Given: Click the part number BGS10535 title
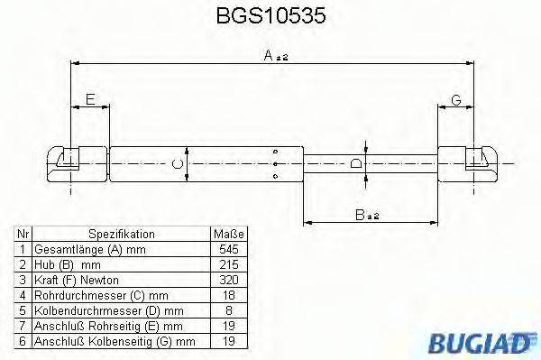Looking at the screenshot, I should click(271, 15).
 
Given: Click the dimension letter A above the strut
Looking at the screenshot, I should click(269, 55).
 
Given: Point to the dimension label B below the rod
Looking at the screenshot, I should click(360, 214).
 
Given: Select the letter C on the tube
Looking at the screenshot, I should click(178, 163).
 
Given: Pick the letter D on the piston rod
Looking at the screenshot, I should click(356, 163).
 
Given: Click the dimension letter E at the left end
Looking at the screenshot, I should click(89, 98).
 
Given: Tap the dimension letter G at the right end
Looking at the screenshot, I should click(456, 98).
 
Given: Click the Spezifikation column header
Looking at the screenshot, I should click(122, 233).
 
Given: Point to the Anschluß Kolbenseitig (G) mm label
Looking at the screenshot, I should click(115, 340).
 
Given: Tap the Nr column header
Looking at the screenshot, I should click(23, 233).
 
